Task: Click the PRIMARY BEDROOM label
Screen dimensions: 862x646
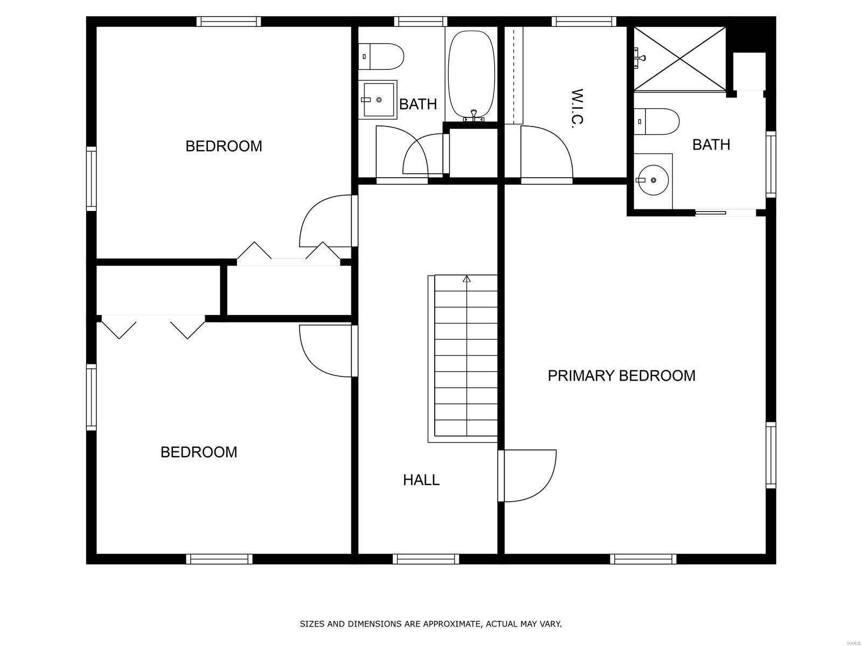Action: click(621, 376)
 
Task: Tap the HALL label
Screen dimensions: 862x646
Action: click(421, 480)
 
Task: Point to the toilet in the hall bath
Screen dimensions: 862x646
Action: click(381, 57)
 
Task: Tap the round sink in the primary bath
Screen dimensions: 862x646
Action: click(652, 180)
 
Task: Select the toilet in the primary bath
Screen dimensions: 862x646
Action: click(656, 122)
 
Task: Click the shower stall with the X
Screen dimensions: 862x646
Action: click(679, 59)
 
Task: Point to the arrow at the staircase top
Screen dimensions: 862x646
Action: click(467, 279)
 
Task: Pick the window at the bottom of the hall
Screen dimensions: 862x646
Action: click(426, 559)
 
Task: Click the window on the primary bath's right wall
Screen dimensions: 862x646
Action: click(771, 164)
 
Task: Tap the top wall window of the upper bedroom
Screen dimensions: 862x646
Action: click(228, 22)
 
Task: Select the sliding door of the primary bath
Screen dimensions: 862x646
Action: click(726, 213)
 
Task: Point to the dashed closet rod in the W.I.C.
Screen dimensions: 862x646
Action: click(513, 75)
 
